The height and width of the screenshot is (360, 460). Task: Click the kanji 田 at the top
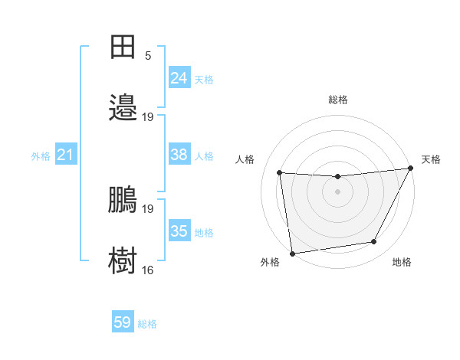(x=123, y=47)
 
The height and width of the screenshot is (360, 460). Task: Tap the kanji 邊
(x=123, y=108)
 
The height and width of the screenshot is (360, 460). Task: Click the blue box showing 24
(x=179, y=77)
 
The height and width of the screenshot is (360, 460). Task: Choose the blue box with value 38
(x=179, y=155)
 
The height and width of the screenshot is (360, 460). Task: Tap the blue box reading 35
(x=179, y=231)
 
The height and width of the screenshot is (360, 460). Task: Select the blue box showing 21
(x=66, y=155)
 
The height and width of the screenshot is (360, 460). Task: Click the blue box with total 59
(x=123, y=322)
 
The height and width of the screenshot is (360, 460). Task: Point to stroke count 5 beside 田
(x=148, y=55)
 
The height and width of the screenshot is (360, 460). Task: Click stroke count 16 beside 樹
(x=148, y=270)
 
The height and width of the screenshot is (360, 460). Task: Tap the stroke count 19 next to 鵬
(x=148, y=208)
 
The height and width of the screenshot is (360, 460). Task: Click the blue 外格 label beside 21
(x=41, y=156)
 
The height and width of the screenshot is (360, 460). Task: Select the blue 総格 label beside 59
(x=147, y=324)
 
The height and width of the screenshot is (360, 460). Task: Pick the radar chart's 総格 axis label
(x=337, y=100)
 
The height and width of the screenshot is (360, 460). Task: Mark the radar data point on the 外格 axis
(x=292, y=253)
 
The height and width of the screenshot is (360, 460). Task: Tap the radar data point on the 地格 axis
(x=374, y=242)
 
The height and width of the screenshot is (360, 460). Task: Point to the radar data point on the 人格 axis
(x=279, y=173)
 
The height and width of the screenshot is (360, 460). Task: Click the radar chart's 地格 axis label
(x=402, y=262)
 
